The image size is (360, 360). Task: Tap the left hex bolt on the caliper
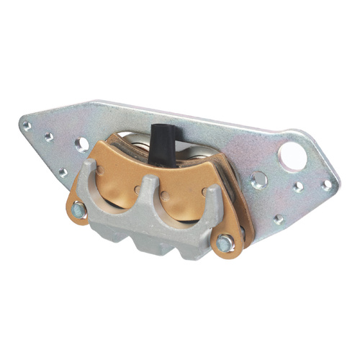coord(78,210)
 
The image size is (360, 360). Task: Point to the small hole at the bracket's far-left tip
coord(27,125)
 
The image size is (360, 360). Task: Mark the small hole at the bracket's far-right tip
coord(327,185)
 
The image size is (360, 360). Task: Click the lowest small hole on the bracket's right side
coord(278,219)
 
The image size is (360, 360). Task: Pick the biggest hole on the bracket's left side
coord(82,144)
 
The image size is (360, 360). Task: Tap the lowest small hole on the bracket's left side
coord(63,172)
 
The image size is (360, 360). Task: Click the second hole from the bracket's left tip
coord(49,136)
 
